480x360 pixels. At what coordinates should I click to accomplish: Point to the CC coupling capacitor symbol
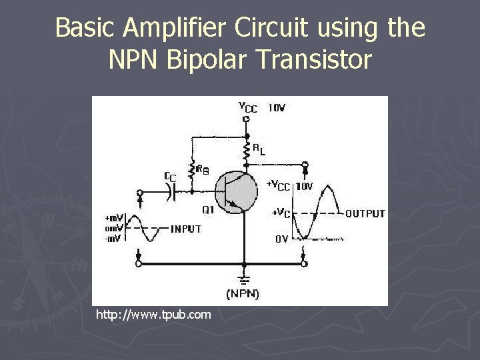[x=172, y=192]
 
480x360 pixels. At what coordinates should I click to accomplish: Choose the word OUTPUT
[x=365, y=214]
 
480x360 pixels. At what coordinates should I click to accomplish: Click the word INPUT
[x=186, y=229]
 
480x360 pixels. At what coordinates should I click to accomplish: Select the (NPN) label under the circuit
[x=243, y=293]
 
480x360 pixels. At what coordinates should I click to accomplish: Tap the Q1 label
[x=207, y=209]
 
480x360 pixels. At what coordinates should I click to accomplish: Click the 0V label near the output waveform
[x=281, y=239]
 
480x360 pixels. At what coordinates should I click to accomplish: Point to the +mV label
[x=113, y=218]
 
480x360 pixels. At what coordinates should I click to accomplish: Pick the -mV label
[x=113, y=239]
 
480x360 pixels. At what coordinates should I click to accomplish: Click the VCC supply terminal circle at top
[x=247, y=119]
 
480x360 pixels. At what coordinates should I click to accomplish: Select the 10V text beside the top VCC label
[x=277, y=107]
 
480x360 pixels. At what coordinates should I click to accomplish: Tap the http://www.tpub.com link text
[x=153, y=314]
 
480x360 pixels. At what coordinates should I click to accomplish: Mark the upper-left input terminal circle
[x=139, y=191]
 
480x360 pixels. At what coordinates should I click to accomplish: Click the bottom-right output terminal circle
[x=305, y=264]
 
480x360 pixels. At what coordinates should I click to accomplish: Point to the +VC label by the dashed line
[x=281, y=213]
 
